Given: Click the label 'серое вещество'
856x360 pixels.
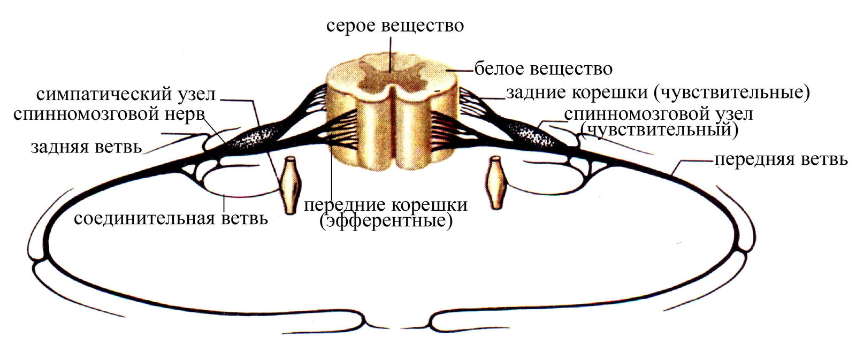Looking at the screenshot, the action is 395,26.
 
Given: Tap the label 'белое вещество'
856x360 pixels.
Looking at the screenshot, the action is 544,69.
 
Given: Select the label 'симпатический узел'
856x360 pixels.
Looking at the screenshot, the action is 126,94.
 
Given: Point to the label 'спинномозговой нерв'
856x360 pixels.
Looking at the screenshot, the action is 109,114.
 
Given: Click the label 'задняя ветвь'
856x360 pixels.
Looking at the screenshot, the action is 86,147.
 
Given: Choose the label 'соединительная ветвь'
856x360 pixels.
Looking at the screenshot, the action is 171,219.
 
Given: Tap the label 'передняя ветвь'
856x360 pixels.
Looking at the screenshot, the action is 781,159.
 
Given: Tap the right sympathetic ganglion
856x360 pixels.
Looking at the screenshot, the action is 496,182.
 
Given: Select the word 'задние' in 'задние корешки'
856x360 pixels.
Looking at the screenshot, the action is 538,93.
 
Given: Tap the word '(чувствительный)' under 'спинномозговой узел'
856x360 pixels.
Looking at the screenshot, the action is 659,129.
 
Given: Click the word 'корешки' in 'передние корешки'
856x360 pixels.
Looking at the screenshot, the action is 428,205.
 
